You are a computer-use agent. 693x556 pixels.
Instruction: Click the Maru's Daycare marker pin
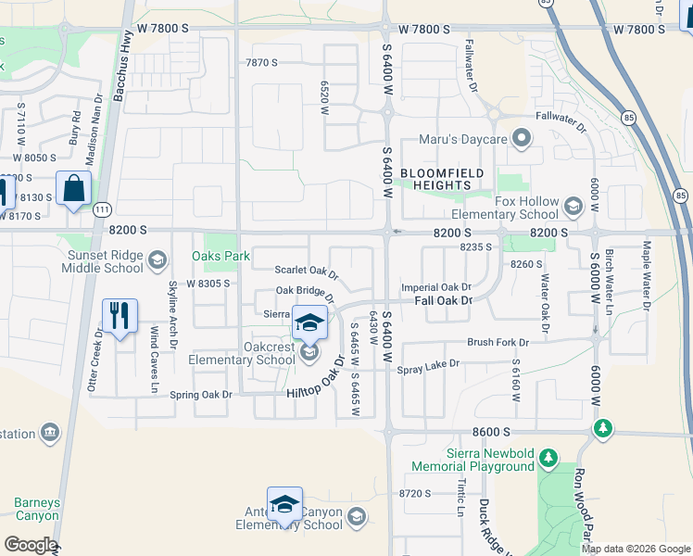522,140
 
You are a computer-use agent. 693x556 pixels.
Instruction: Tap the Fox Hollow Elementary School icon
573,206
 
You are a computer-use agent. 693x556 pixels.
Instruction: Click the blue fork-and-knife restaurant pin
119,317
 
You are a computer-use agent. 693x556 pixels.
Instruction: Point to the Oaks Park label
220,256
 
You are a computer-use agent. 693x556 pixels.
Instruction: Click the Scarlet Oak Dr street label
307,272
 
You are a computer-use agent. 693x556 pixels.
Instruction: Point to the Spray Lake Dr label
428,367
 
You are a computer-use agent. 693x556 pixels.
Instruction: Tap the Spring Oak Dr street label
200,395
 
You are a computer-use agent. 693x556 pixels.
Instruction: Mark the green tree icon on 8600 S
603,427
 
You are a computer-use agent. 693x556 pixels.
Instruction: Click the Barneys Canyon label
37,510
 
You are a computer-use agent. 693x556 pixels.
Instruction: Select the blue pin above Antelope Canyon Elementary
284,503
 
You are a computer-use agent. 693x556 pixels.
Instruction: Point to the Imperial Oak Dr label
436,288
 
